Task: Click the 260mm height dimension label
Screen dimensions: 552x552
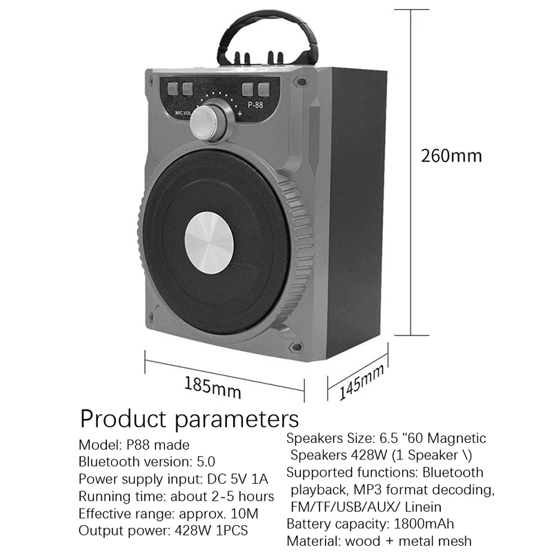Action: [451, 155]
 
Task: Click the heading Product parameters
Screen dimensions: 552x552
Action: [189, 419]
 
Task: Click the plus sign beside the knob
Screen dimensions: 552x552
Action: [239, 114]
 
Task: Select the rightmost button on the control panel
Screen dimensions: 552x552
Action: [263, 88]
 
